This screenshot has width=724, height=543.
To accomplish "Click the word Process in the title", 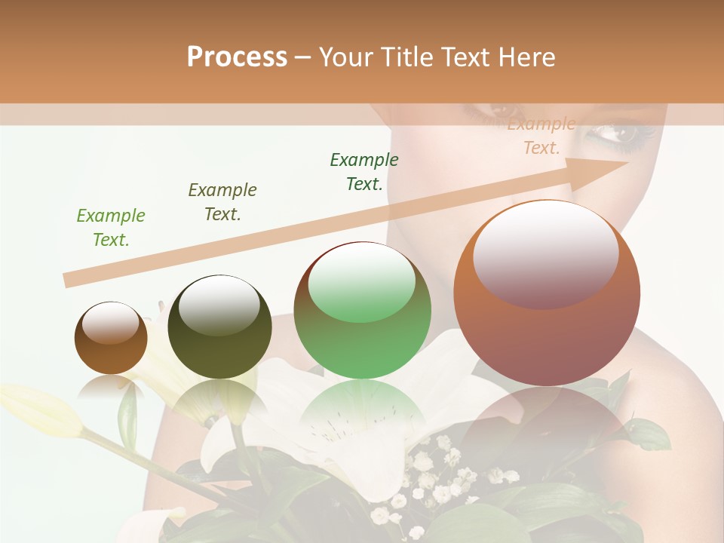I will point(237,57).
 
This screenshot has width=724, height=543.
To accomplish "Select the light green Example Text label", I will point(111,228).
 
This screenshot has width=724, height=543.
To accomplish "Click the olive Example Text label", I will point(222,202).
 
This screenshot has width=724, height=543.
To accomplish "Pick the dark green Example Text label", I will point(364,172).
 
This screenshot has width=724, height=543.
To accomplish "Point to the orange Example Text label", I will point(541,136).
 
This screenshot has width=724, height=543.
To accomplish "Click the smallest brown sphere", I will point(111,338).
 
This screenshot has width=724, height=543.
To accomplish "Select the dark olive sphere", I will point(219,327).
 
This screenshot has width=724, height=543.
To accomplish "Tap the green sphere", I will point(363,311).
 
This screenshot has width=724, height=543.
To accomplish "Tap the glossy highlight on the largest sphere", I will point(545,253).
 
